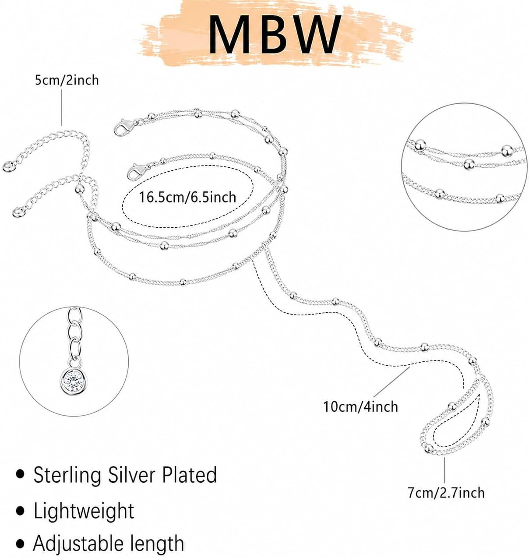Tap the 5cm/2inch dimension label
[x=67, y=80]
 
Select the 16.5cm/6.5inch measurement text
[x=187, y=197]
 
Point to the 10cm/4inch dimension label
[x=360, y=407]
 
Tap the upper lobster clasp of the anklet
[x=125, y=127]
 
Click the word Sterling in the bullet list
[x=67, y=476]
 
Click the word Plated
[x=189, y=474]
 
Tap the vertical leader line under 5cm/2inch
[x=61, y=108]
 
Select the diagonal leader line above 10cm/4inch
[x=392, y=382]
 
